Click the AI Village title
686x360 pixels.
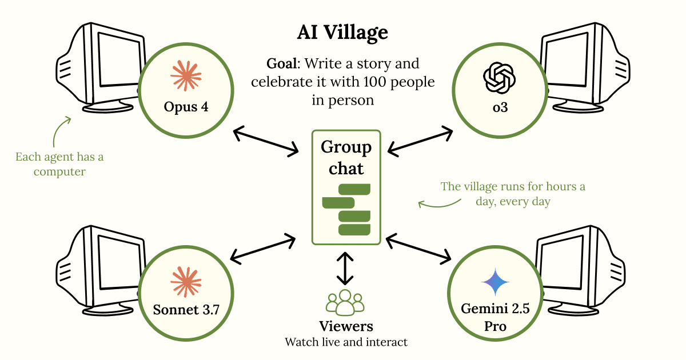[x=342, y=33]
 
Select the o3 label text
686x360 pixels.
[x=500, y=107]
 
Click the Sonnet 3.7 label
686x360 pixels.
[x=186, y=310]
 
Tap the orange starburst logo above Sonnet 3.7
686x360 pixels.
[x=187, y=282]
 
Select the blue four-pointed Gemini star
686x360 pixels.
[x=495, y=283]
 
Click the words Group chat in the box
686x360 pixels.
[x=346, y=158]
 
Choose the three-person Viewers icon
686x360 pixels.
[x=345, y=303]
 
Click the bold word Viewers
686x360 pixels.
[x=346, y=326]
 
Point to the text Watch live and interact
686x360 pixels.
[x=346, y=342]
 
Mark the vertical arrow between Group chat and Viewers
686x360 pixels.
[x=345, y=269]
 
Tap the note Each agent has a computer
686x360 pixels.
[x=59, y=163]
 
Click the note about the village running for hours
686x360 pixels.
[x=512, y=194]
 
